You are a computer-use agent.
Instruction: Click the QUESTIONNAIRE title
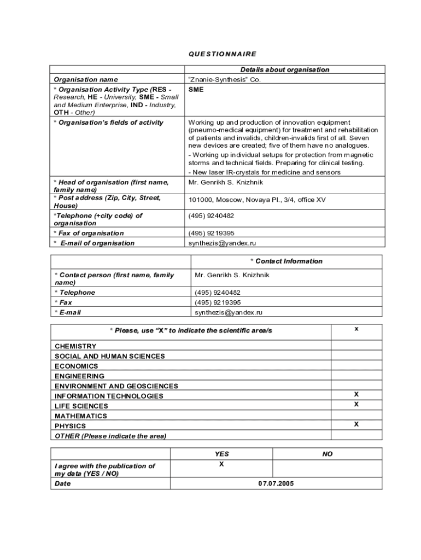tap(223, 54)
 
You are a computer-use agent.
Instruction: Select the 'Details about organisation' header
tap(284, 69)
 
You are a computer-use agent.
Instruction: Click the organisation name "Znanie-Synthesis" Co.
tap(225, 79)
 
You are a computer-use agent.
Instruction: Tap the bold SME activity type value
tap(196, 89)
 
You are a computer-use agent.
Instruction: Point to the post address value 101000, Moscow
tap(256, 200)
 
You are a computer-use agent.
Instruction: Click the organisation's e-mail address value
tap(222, 243)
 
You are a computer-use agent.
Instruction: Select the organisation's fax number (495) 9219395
tap(212, 233)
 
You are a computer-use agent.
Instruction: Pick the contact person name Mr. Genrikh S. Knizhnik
tap(232, 275)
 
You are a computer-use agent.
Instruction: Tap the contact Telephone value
tap(218, 293)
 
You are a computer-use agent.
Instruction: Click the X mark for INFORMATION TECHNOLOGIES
tap(356, 394)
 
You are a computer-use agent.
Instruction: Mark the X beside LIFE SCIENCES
tap(356, 404)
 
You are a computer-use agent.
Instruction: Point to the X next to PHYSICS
tap(356, 424)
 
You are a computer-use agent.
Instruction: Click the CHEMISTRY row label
tap(75, 346)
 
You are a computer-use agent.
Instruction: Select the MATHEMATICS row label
tap(81, 416)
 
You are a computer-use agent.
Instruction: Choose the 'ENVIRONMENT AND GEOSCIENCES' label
tap(116, 386)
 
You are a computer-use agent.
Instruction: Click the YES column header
tap(222, 454)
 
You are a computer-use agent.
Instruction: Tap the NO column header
tap(328, 454)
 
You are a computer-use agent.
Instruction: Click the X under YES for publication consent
tap(221, 464)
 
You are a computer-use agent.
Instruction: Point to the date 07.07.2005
tap(276, 483)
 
